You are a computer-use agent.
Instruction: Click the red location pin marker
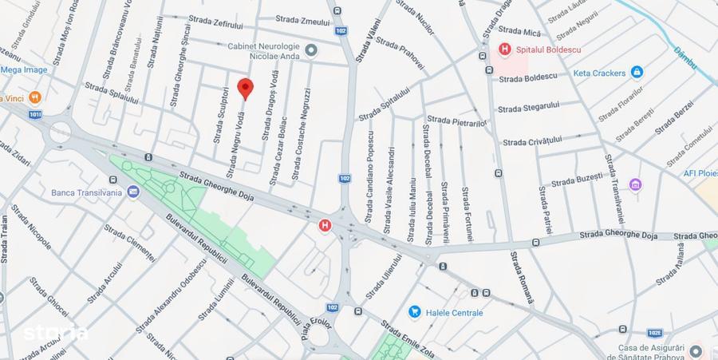pyautogui.click(x=246, y=89)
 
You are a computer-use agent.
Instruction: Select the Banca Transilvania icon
pyautogui.click(x=132, y=192)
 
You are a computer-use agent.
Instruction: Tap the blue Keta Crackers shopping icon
pyautogui.click(x=637, y=73)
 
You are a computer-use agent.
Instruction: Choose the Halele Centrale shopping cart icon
pyautogui.click(x=415, y=312)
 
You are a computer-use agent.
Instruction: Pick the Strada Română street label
pyautogui.click(x=523, y=276)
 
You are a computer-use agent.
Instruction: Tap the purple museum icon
pyautogui.click(x=635, y=185)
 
